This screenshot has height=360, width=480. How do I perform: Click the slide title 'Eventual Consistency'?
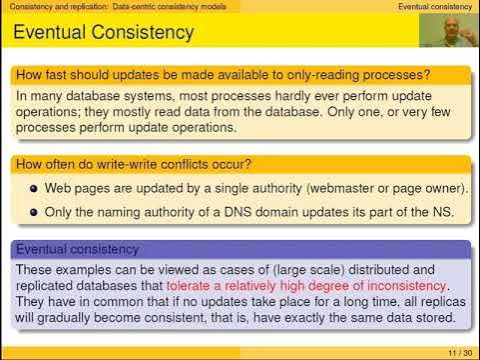[103, 33]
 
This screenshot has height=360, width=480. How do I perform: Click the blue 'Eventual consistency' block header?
[83, 248]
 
